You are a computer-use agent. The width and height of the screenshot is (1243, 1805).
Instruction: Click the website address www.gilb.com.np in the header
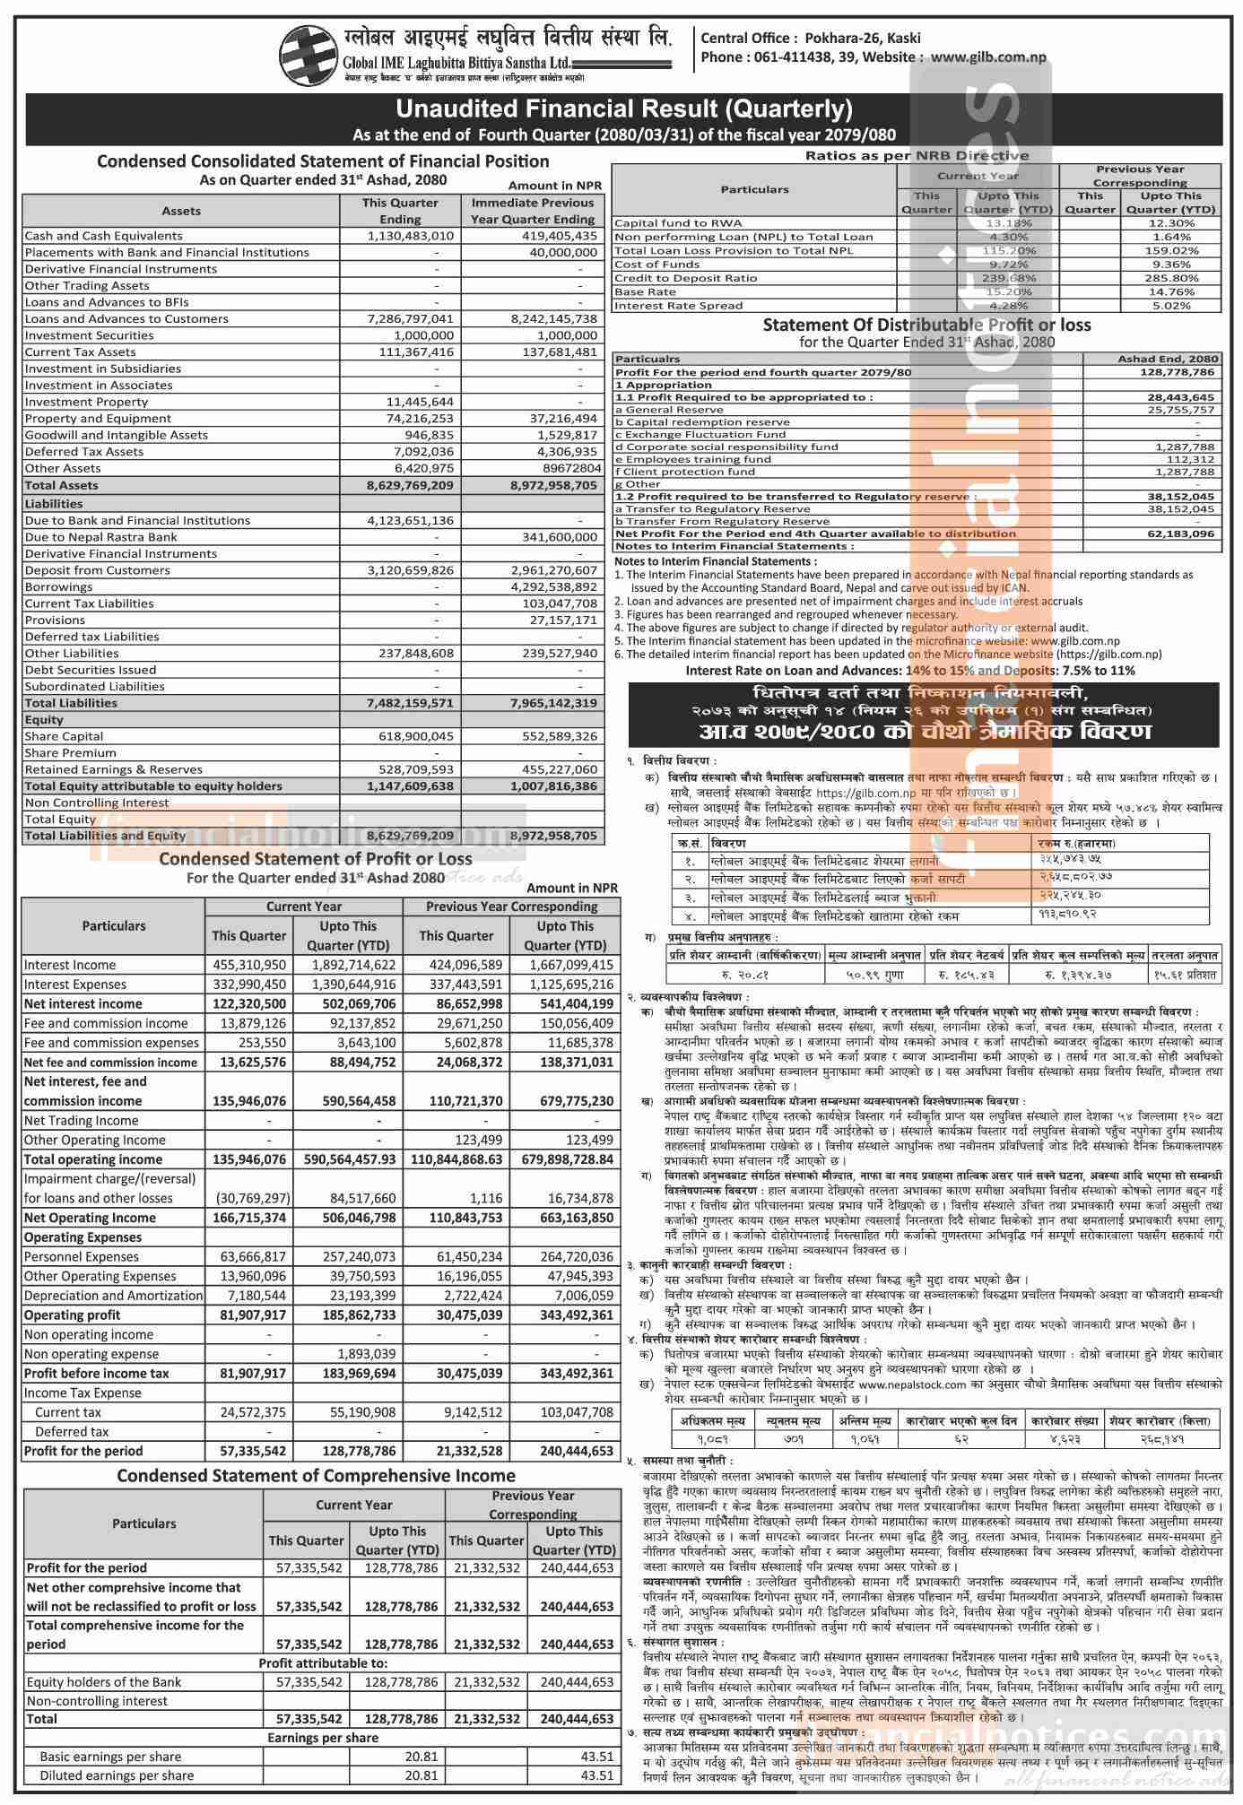pyautogui.click(x=988, y=57)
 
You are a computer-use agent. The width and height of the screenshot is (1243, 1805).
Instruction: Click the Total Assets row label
pyautogui.click(x=62, y=485)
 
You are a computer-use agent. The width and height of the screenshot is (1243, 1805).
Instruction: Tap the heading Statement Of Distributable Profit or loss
pyautogui.click(x=926, y=325)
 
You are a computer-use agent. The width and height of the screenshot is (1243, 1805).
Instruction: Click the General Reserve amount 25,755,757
pyautogui.click(x=1178, y=410)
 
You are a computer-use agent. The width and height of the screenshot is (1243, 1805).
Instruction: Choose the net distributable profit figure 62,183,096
pyautogui.click(x=1178, y=534)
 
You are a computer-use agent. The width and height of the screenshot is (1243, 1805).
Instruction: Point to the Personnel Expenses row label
pyautogui.click(x=82, y=1256)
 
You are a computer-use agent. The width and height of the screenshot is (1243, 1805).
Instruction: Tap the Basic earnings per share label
pyautogui.click(x=110, y=1757)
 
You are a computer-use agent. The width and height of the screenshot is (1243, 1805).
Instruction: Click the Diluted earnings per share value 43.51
pyautogui.click(x=596, y=1775)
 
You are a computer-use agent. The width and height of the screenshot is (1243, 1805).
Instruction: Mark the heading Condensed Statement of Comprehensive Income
pyautogui.click(x=317, y=1475)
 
